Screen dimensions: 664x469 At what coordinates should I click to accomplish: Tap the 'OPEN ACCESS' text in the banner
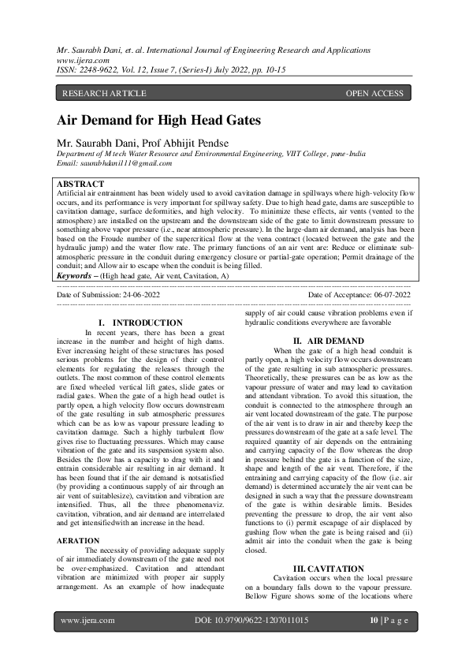tap(374, 93)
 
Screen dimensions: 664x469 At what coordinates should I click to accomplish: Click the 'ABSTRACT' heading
tap(80, 184)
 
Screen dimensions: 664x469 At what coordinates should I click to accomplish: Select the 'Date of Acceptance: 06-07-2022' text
tap(359, 294)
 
